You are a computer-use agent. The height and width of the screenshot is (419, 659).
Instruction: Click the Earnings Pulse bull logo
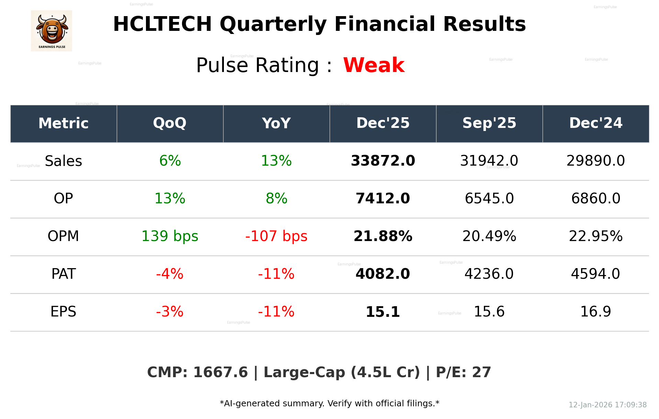[52, 31]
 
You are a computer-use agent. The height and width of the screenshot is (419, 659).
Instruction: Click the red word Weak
[374, 65]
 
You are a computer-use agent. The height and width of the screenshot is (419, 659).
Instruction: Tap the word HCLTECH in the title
[162, 24]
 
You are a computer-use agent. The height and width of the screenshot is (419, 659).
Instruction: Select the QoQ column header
[170, 123]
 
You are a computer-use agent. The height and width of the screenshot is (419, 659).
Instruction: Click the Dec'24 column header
[595, 123]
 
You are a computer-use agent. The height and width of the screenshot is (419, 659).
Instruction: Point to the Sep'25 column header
[489, 123]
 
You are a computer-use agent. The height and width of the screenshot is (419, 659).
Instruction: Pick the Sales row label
[64, 161]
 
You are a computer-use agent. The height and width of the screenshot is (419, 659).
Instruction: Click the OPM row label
[64, 236]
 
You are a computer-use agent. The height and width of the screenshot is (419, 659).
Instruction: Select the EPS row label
[64, 312]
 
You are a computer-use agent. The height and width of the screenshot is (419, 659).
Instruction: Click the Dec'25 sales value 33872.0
[383, 161]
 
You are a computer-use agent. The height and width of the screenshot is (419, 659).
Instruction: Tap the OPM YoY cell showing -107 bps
[276, 236]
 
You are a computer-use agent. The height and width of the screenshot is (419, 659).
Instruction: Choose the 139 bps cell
[170, 236]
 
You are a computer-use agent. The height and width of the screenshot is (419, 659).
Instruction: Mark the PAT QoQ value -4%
[170, 274]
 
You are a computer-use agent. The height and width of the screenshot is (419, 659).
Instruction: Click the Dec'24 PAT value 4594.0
[595, 274]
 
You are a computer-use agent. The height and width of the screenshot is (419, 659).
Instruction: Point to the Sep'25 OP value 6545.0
[489, 199]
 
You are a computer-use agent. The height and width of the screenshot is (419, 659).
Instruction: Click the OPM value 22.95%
[595, 236]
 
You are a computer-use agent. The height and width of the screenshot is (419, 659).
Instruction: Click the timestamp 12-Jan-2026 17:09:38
[607, 405]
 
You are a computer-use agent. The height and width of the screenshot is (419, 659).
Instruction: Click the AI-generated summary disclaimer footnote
[329, 404]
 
